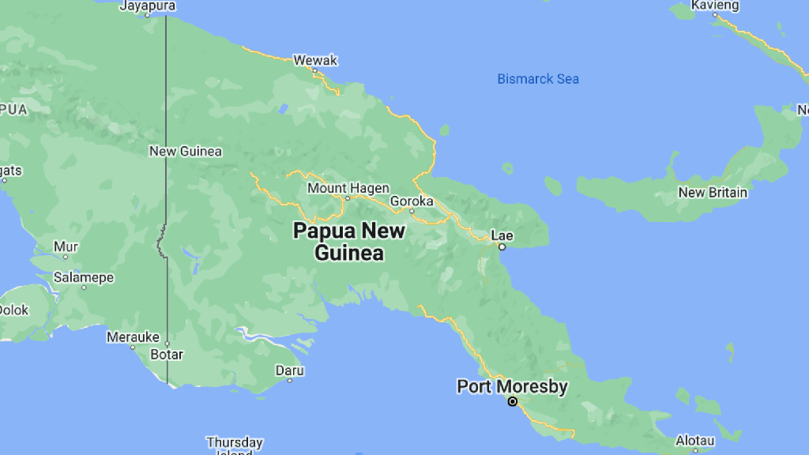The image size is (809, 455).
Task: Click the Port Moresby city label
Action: (512, 386)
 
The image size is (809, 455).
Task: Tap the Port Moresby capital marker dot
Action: (512, 402)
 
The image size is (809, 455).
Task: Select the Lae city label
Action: (502, 235)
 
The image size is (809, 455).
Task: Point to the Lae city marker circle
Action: (502, 247)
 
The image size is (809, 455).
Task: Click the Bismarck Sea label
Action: (537, 79)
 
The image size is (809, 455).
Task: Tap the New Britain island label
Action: (713, 192)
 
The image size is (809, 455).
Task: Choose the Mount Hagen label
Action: (348, 188)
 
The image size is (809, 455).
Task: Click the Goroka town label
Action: (412, 201)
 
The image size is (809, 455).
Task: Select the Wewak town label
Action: (315, 60)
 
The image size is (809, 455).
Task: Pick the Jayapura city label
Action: (148, 6)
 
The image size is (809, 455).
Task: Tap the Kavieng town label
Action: (715, 6)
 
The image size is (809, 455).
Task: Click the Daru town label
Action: (289, 370)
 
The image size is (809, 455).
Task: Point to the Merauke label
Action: (133, 337)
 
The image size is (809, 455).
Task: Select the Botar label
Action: (166, 354)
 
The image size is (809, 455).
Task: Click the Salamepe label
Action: (83, 277)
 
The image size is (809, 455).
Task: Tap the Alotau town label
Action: (695, 440)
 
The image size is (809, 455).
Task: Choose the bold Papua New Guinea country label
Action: (348, 242)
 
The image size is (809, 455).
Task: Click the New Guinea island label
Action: (186, 151)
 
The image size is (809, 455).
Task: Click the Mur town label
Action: (66, 246)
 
